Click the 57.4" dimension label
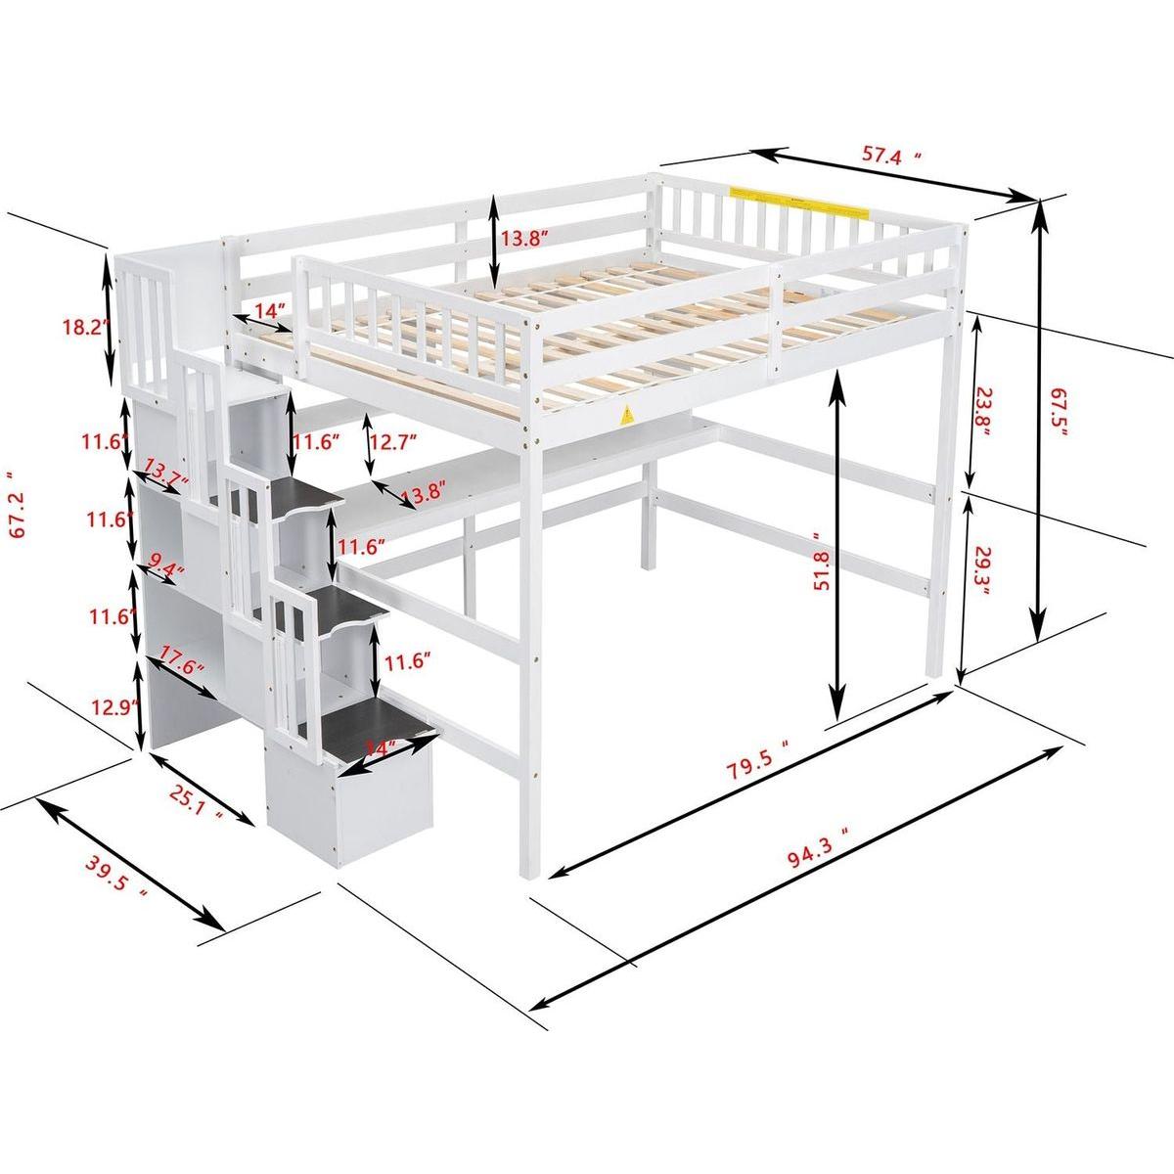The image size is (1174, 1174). pyautogui.click(x=890, y=155)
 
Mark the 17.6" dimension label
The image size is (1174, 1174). pyautogui.click(x=181, y=666)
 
